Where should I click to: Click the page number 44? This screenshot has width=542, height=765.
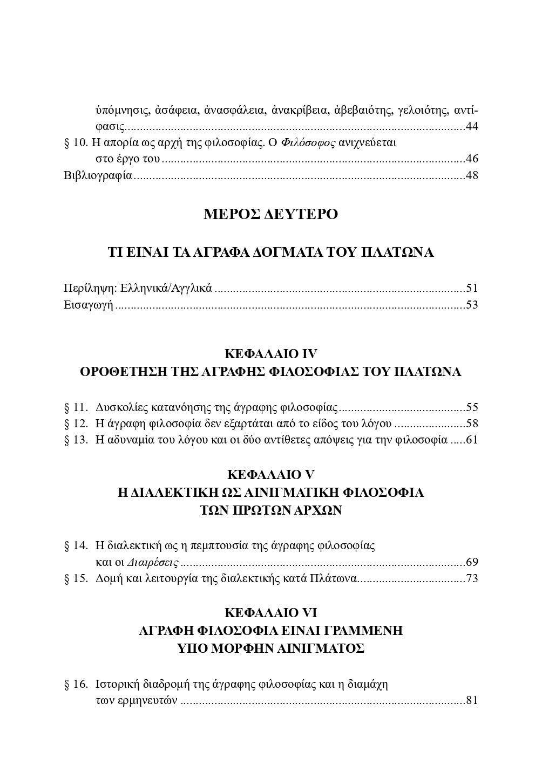coord(472,127)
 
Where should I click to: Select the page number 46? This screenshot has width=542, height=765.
coord(472,159)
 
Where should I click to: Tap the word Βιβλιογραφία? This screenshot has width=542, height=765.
coord(98,176)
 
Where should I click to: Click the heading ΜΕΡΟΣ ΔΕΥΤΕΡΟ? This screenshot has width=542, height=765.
coord(270,214)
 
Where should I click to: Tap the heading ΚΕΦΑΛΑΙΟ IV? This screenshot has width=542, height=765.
coord(270,354)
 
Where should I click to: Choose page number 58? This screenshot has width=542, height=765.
coord(472,424)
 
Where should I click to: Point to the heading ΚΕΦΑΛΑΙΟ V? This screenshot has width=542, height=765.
coord(270,475)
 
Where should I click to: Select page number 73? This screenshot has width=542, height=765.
coord(472,579)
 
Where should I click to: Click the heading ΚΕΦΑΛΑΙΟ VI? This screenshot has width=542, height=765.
coord(270,613)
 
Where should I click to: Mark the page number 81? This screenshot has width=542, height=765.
coord(472,701)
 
